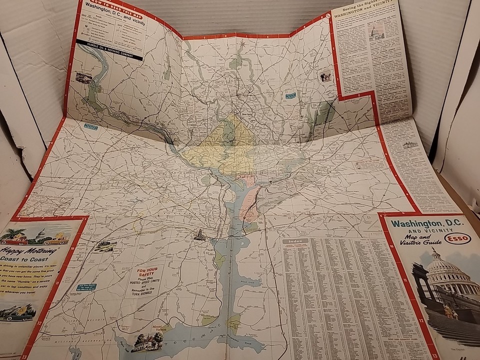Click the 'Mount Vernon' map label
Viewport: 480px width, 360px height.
tap(158, 327)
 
